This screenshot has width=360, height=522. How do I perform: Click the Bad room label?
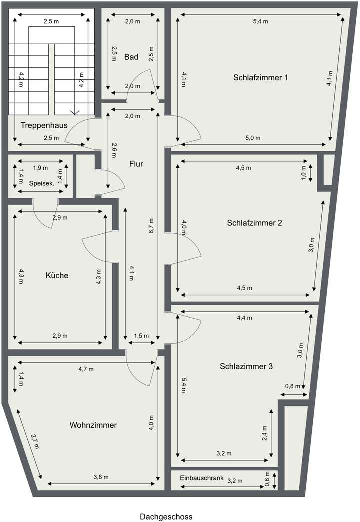[x=131, y=57]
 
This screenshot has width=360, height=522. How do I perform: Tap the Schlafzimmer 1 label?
[x=260, y=77]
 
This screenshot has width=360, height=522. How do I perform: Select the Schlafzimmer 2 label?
[x=254, y=223]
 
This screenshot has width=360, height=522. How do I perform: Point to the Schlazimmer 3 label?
[x=246, y=366]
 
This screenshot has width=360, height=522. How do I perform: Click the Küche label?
[x=57, y=275]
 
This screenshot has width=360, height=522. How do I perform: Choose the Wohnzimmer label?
[x=93, y=425]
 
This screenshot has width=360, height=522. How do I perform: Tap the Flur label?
[x=136, y=163]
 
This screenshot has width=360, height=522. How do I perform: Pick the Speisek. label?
[x=41, y=183]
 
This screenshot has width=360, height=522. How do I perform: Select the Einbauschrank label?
[x=202, y=478]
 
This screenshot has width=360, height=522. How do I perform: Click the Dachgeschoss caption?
[x=166, y=516]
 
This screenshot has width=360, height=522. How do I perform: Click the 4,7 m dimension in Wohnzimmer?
[x=86, y=369]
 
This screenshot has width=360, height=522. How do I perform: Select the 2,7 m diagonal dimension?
[x=34, y=442]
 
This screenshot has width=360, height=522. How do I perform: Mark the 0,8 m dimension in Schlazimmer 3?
[x=293, y=386]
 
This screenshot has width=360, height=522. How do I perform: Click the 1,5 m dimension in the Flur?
[x=142, y=336]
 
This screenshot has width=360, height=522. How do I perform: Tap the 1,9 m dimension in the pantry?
[x=40, y=168]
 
